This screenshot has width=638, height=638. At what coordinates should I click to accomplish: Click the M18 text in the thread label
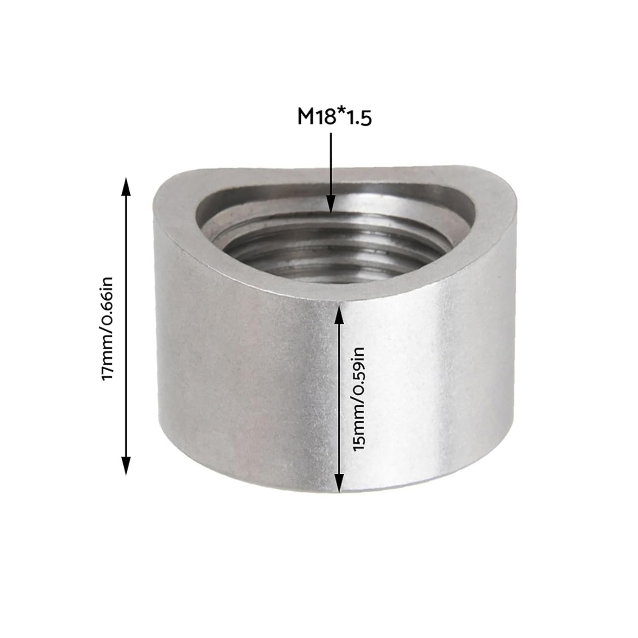316,117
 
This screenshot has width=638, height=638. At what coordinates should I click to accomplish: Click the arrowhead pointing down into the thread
331,204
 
